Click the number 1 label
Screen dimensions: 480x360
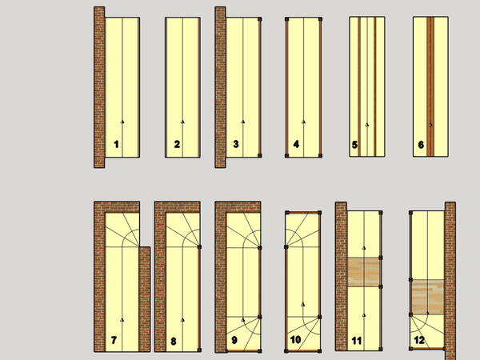tap(116, 144)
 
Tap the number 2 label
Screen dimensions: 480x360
tap(177, 144)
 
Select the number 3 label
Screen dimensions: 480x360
tap(236, 144)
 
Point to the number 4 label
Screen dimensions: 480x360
tap(296, 144)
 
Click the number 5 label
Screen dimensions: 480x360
tap(354, 145)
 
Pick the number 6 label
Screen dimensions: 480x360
tap(421, 145)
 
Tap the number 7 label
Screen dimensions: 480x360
tap(114, 340)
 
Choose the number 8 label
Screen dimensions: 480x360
tap(174, 341)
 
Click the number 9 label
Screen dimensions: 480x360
tap(234, 340)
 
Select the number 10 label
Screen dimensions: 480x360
tap(295, 339)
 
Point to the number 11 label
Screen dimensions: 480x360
tap(357, 341)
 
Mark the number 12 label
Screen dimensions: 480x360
tap(419, 340)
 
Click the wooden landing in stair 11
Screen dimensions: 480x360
tap(363, 272)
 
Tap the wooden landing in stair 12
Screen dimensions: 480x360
tap(427, 297)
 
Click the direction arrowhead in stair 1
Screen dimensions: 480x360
tap(122, 122)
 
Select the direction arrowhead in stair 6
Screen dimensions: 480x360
tap(430, 125)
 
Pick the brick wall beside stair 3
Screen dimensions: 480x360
tap(221, 87)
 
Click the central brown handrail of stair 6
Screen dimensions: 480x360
tap(430, 86)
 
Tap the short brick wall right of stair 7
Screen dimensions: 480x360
tap(145, 299)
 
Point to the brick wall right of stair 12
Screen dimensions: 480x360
tap(450, 281)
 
